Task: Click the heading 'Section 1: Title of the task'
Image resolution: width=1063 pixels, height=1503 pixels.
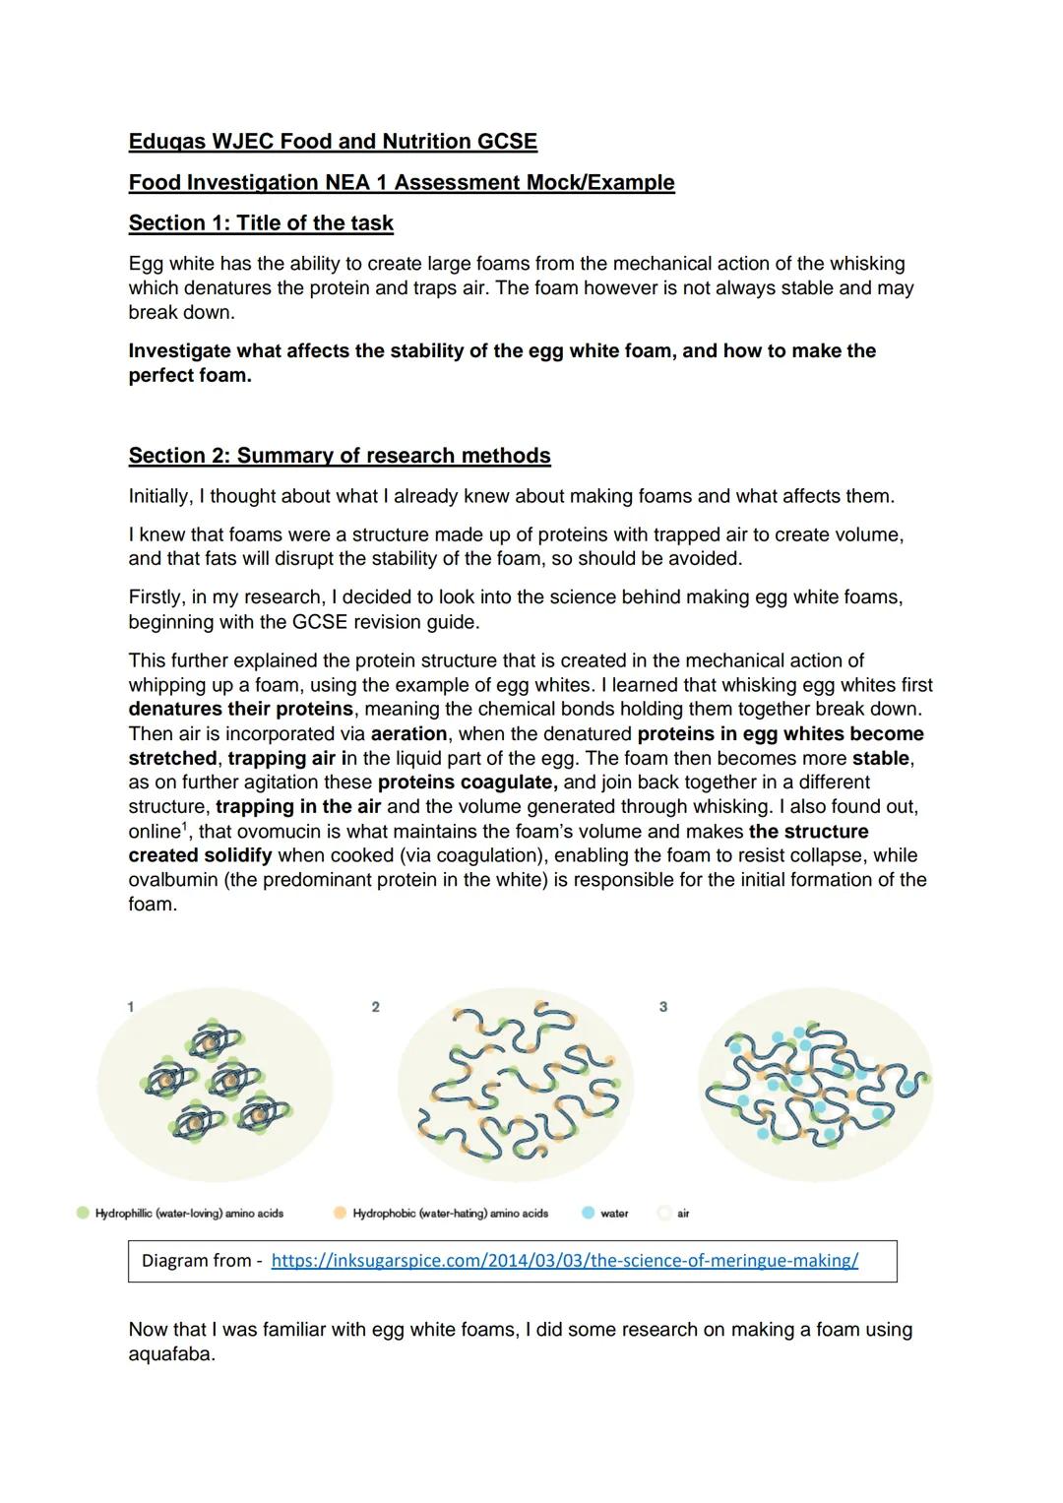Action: pyautogui.click(x=261, y=223)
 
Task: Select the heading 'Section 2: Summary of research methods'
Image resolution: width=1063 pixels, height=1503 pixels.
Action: pyautogui.click(x=340, y=456)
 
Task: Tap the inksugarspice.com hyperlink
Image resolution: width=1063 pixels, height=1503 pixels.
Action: pyautogui.click(x=564, y=1261)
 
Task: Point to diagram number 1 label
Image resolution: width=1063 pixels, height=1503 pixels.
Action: pyautogui.click(x=130, y=1006)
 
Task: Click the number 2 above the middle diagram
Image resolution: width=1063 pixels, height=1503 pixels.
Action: pyautogui.click(x=375, y=1007)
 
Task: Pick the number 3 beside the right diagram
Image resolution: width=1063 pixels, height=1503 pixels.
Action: pyautogui.click(x=663, y=1007)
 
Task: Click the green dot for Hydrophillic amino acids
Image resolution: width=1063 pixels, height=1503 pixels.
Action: pyautogui.click(x=83, y=1213)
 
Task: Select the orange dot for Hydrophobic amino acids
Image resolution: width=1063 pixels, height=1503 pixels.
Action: pyautogui.click(x=340, y=1213)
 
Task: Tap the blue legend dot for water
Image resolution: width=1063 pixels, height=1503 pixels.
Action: pyautogui.click(x=588, y=1213)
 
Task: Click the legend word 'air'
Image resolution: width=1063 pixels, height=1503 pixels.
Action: pyautogui.click(x=683, y=1214)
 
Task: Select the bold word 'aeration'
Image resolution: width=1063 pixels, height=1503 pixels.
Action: pyautogui.click(x=408, y=734)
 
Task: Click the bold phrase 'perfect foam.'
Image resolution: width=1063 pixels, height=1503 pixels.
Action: pyautogui.click(x=190, y=376)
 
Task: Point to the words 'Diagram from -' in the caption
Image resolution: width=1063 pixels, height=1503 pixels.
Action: pyautogui.click(x=202, y=1261)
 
